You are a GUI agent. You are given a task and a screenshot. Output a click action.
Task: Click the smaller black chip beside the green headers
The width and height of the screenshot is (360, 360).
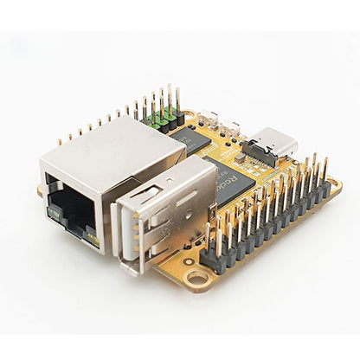point(188,138)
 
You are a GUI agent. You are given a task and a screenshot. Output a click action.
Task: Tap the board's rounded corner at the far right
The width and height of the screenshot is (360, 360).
point(336,183)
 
